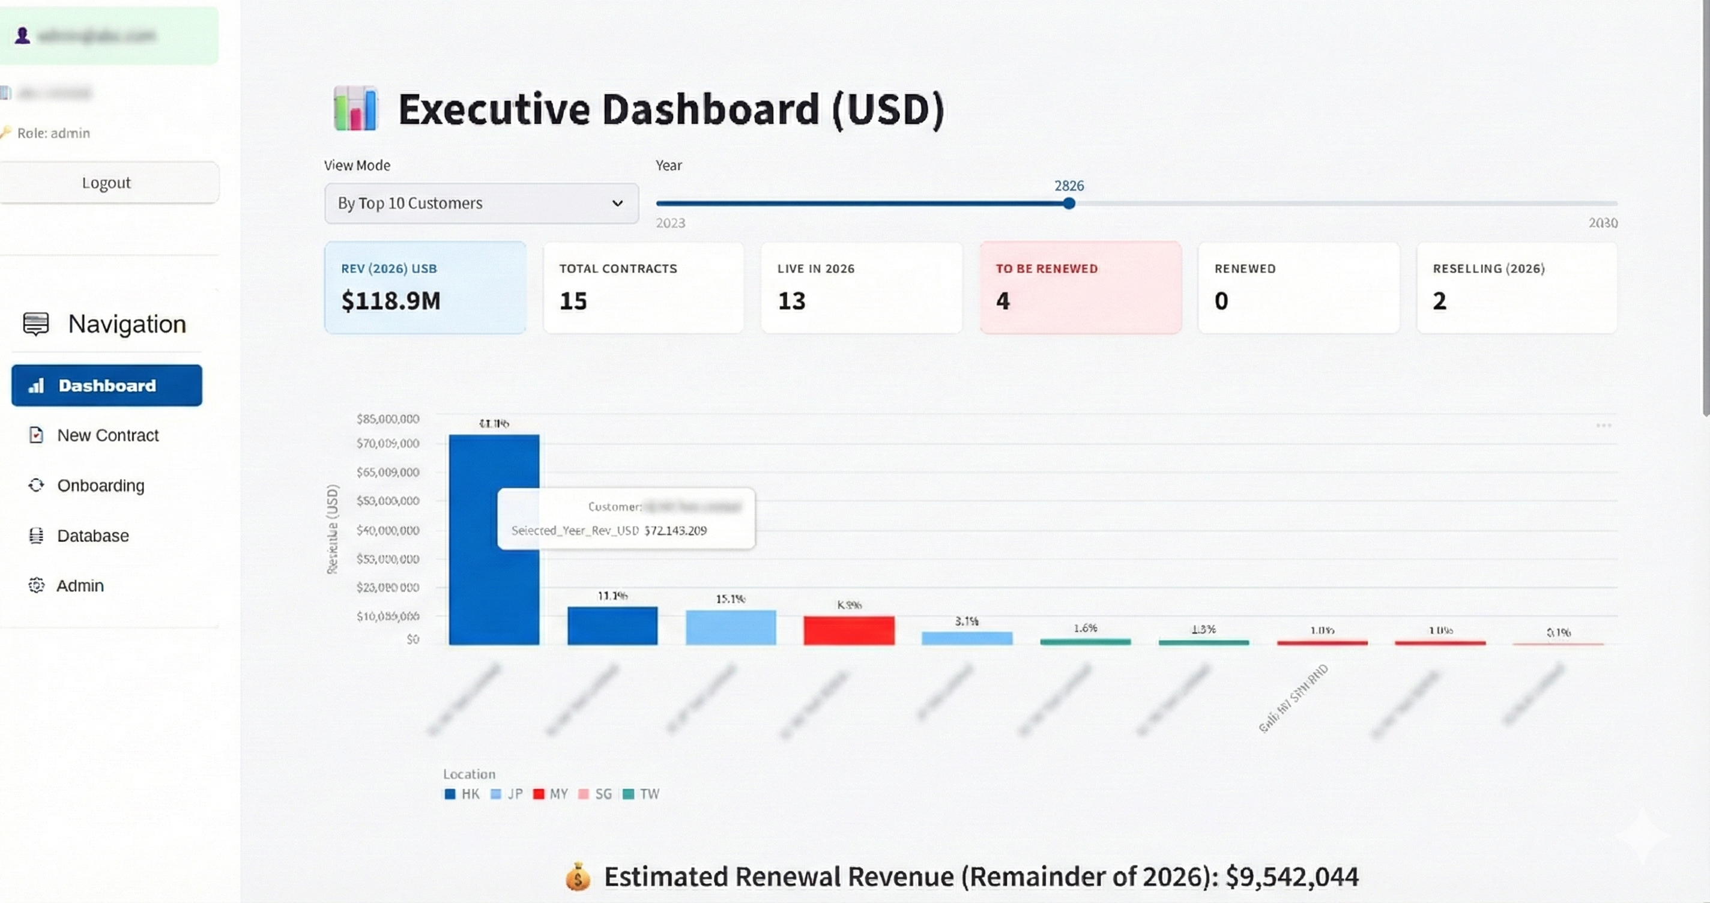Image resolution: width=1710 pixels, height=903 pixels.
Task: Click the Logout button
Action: click(106, 183)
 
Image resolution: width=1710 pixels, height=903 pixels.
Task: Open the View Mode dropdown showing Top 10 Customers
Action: click(482, 203)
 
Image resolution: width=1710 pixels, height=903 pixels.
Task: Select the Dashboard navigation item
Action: click(106, 385)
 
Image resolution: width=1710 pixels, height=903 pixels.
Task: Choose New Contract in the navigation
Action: click(107, 435)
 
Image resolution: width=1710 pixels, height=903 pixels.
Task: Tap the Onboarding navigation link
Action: click(100, 485)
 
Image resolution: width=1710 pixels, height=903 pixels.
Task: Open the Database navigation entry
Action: click(93, 536)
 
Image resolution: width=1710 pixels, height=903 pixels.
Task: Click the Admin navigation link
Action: click(80, 585)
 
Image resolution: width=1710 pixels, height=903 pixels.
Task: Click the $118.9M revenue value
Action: click(390, 301)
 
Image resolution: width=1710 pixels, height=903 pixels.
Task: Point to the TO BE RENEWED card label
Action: click(1047, 269)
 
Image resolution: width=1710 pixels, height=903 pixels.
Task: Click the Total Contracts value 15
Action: click(573, 301)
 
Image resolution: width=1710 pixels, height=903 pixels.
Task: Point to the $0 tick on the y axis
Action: click(413, 639)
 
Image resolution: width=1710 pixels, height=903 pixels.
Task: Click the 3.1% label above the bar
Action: click(967, 621)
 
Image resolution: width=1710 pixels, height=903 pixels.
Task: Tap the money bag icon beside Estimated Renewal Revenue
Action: click(578, 877)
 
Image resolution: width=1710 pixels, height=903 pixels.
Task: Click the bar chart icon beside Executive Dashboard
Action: click(355, 109)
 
